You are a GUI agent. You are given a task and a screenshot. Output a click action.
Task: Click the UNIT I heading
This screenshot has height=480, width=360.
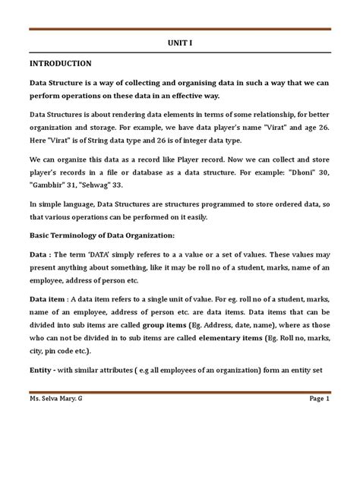(179, 44)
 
